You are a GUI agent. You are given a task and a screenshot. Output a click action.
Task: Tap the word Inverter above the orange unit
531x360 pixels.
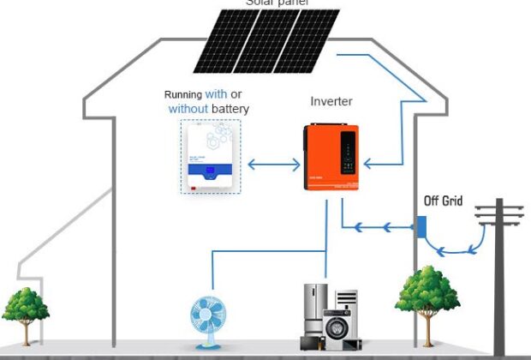pos(331,102)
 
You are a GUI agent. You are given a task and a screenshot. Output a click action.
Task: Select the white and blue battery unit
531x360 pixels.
pos(211,157)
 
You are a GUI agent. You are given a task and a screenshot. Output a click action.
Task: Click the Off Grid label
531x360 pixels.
pos(443,201)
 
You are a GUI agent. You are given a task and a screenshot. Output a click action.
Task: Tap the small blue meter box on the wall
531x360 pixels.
pos(421,227)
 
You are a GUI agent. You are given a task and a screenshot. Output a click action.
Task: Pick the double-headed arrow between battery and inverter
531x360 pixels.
pos(271,162)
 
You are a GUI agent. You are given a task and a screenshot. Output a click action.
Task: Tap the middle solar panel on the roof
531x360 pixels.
pos(264,41)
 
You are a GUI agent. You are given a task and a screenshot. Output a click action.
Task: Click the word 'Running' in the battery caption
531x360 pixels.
pos(183,94)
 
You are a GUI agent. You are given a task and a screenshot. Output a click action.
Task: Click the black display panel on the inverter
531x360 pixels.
pos(348,151)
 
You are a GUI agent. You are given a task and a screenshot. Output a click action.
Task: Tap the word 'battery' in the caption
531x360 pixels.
pos(227,109)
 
